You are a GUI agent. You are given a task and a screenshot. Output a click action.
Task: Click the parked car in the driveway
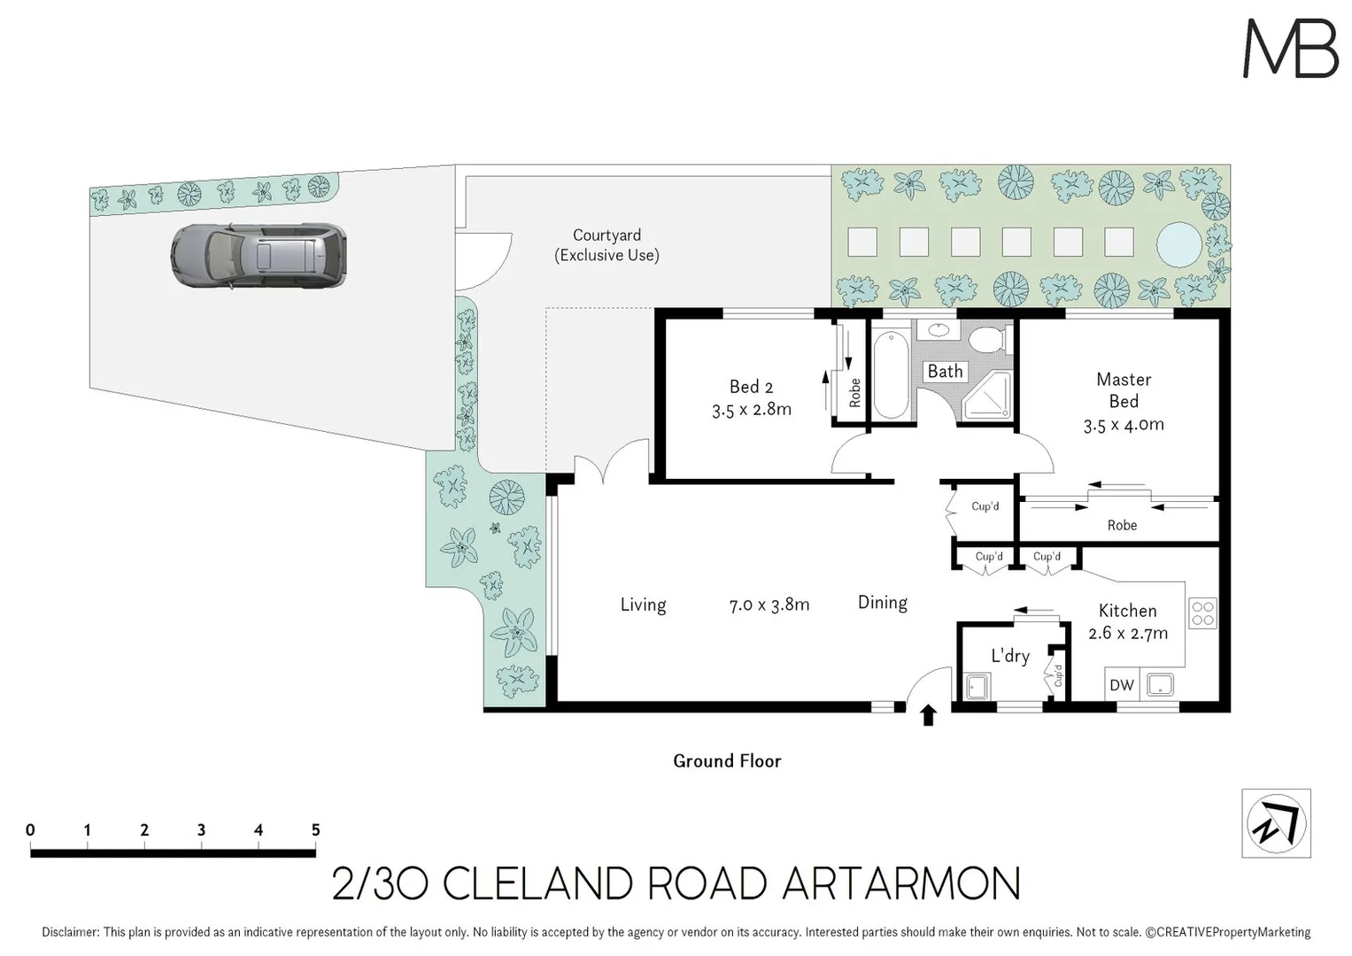pyautogui.click(x=259, y=256)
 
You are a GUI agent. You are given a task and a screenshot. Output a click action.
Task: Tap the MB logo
pyautogui.click(x=1290, y=49)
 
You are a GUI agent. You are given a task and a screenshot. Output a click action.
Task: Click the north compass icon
pyautogui.click(x=1276, y=823)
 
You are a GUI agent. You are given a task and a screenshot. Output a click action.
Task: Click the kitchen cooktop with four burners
pyautogui.click(x=1202, y=613)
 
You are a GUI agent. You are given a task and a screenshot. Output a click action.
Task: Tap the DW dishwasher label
pyautogui.click(x=1121, y=685)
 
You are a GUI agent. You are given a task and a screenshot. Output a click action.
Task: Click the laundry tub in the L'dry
pyautogui.click(x=977, y=686)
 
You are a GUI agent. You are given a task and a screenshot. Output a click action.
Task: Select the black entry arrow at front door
pyautogui.click(x=928, y=715)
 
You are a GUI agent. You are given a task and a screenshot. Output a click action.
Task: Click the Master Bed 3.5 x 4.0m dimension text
pyautogui.click(x=1124, y=425)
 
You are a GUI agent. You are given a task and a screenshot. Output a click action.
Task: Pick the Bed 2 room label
pyautogui.click(x=751, y=387)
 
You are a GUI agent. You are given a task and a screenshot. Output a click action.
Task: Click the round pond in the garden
pyautogui.click(x=1178, y=243)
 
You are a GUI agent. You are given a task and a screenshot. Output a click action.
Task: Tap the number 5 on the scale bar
pyautogui.click(x=315, y=830)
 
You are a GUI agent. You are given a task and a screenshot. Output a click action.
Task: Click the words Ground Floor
pyautogui.click(x=727, y=761)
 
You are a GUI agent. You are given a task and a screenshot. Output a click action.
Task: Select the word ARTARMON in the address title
pyautogui.click(x=901, y=883)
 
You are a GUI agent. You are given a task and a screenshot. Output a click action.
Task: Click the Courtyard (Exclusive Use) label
pyautogui.click(x=606, y=245)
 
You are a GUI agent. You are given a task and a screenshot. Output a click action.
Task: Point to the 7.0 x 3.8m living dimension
pyautogui.click(x=769, y=605)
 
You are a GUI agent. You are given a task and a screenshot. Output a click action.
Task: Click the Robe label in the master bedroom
pyautogui.click(x=1122, y=526)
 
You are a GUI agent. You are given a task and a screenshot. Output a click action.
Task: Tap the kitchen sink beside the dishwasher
pyautogui.click(x=1160, y=684)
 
